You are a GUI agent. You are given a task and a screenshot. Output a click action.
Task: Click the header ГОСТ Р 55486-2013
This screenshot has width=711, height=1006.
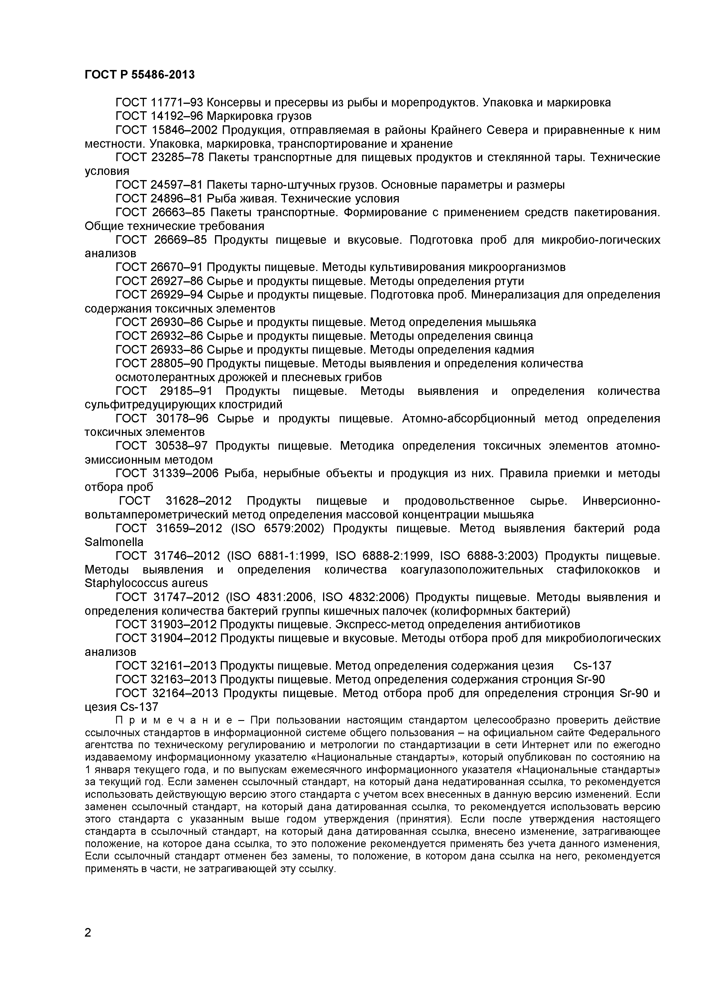[x=139, y=75]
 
